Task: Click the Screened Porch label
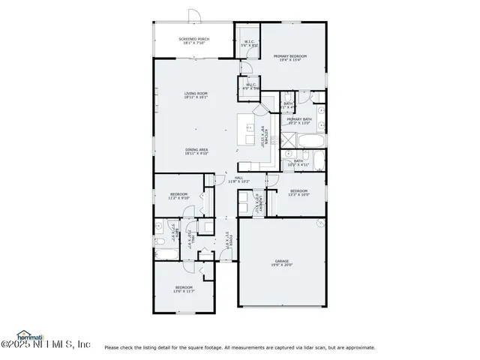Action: (x=193, y=40)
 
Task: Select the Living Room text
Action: (x=196, y=95)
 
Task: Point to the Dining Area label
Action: (x=196, y=151)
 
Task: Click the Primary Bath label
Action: (x=298, y=121)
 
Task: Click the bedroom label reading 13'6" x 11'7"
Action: (x=184, y=289)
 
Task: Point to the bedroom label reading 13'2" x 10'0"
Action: (x=299, y=193)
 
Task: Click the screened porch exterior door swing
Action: (x=193, y=16)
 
